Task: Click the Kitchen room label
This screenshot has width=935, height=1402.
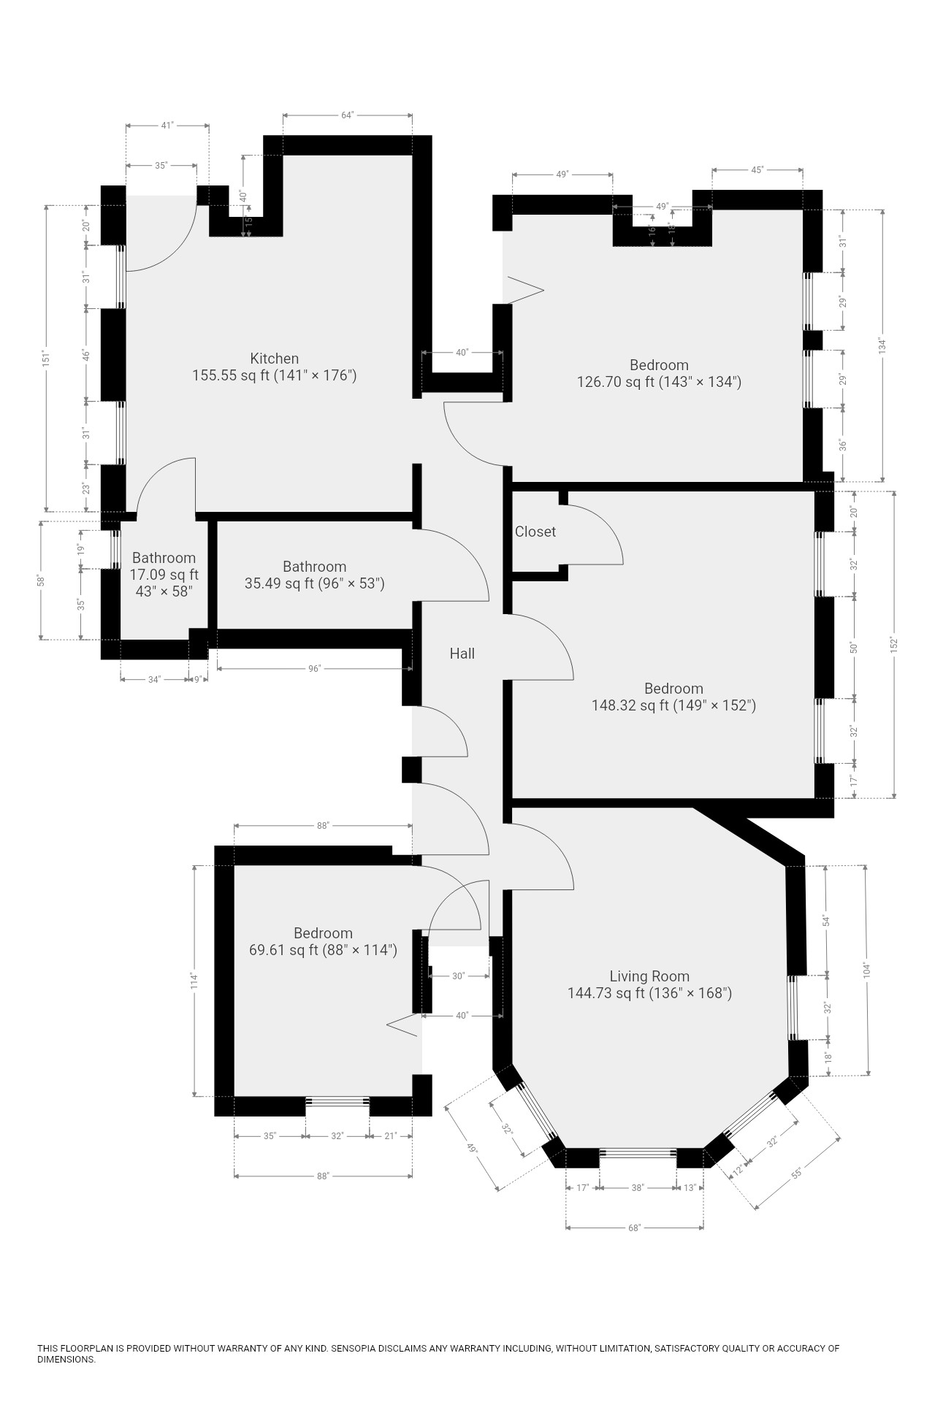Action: click(275, 359)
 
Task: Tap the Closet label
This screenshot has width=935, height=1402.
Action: click(535, 532)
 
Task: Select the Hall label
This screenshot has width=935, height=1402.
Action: click(462, 654)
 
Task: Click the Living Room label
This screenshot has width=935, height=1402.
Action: click(649, 976)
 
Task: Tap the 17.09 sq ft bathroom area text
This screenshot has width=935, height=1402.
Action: click(164, 575)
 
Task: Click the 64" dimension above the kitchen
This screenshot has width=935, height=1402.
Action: click(347, 115)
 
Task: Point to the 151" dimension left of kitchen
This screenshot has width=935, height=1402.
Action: click(46, 358)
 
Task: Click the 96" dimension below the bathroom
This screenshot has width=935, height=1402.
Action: click(314, 668)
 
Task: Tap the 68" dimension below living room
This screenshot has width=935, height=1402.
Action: click(634, 1227)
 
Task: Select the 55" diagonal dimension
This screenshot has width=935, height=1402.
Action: click(796, 1173)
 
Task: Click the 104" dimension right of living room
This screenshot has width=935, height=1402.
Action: click(866, 970)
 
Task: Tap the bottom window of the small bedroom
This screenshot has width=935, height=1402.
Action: click(337, 1101)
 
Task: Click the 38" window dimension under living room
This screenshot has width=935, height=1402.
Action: click(637, 1188)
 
